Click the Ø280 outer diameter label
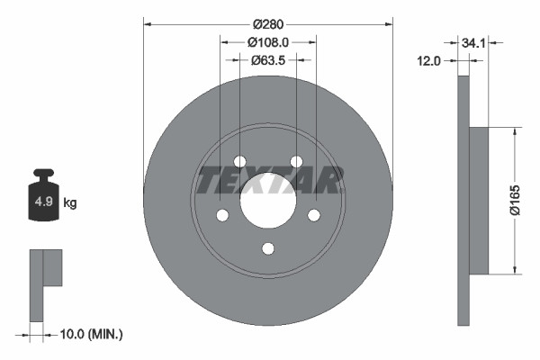tap(268, 22)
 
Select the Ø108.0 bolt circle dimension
tap(268, 41)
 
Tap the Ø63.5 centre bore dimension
tap(268, 60)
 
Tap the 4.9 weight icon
tap(42, 203)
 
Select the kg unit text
tap(70, 203)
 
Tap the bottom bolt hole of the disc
tap(268, 249)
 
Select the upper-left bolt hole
tap(239, 161)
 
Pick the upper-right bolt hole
tap(297, 161)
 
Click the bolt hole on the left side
tap(221, 215)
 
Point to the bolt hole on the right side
tap(315, 215)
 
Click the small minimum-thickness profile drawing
tap(45, 283)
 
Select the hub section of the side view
tap(479, 201)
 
